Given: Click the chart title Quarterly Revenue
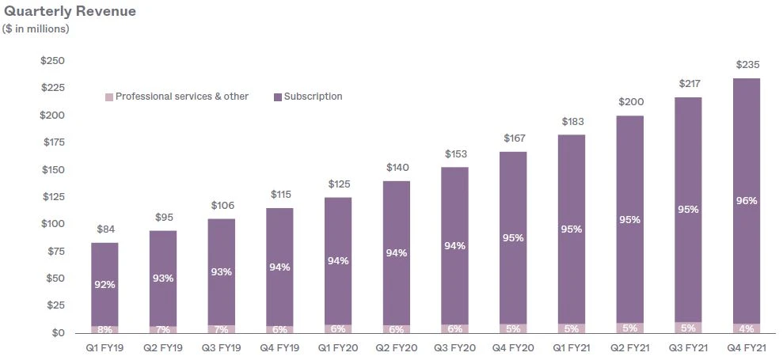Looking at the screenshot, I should (70, 11).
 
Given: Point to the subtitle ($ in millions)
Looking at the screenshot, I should (37, 29).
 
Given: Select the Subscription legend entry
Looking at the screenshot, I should (313, 97).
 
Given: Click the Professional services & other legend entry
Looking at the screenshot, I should (181, 97).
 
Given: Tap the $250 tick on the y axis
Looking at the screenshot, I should (52, 61).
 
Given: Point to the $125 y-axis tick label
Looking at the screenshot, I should (52, 197).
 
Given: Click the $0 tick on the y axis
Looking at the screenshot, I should (57, 333).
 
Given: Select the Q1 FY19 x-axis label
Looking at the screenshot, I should (105, 348).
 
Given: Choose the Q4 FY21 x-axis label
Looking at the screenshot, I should (746, 348).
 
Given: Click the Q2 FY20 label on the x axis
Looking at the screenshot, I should (396, 348).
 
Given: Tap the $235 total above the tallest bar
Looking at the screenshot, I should (747, 65).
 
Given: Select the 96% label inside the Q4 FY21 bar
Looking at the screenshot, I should (747, 201).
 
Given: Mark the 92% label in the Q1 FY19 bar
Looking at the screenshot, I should (105, 284).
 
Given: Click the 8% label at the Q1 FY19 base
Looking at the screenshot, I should (105, 329).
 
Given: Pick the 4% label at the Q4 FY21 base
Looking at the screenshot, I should (747, 328).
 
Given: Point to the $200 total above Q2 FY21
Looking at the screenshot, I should (630, 102).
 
